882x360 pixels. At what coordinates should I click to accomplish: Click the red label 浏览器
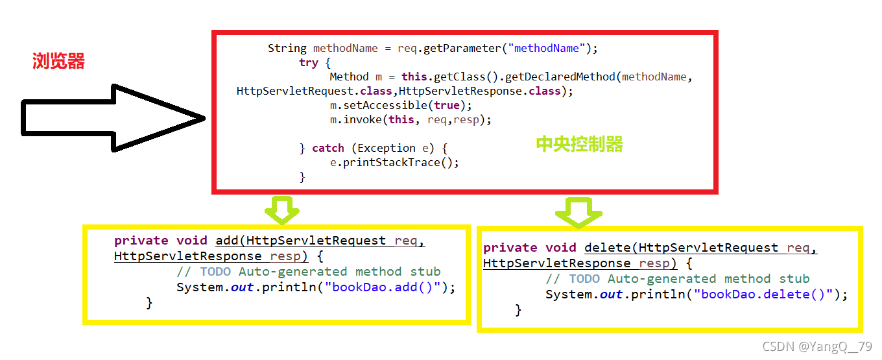tap(58, 62)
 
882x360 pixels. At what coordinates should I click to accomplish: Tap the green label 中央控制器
tap(579, 144)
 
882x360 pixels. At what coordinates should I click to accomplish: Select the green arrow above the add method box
tap(281, 209)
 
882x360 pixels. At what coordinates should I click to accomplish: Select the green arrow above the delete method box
tap(579, 211)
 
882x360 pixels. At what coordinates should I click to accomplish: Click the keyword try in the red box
tap(308, 62)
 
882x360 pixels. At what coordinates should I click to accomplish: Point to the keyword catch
tap(328, 148)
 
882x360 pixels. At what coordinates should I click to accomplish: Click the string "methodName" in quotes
tap(550, 48)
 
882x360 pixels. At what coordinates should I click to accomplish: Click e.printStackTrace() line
tap(394, 162)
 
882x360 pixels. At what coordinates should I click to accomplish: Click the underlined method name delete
tap(608, 247)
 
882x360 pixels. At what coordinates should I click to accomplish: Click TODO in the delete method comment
tap(584, 279)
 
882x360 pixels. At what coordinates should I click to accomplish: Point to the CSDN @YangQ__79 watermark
tap(816, 346)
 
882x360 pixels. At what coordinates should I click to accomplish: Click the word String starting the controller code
tap(287, 48)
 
